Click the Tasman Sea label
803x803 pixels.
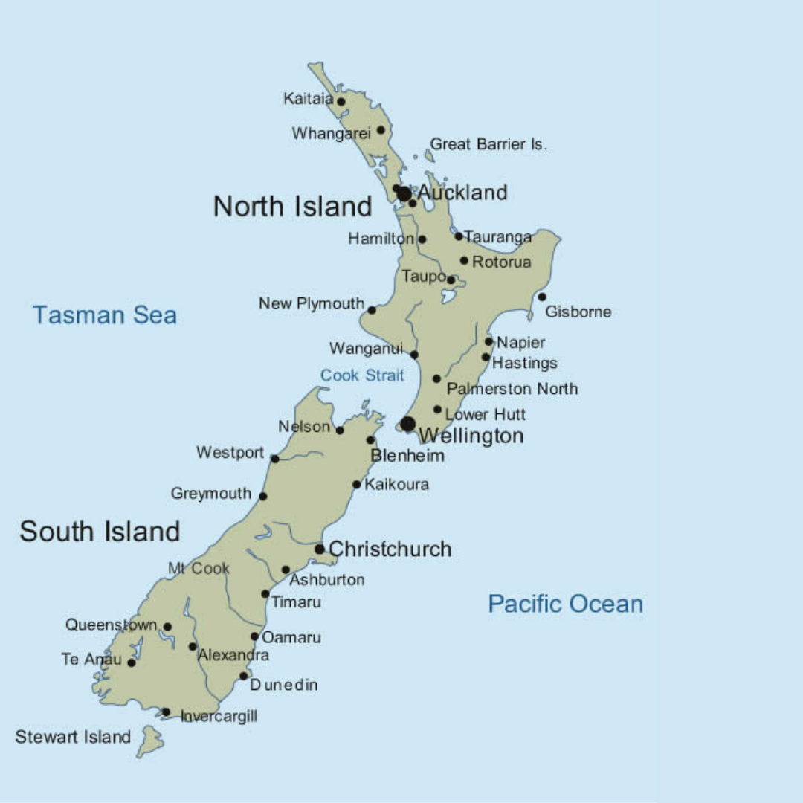[x=105, y=315]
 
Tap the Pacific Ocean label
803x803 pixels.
[x=565, y=604]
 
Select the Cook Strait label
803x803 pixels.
[x=362, y=375]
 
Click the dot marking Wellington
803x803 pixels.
[x=407, y=424]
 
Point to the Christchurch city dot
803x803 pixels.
[x=320, y=549]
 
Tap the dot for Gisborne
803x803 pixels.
[x=542, y=297]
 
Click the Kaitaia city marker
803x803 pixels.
[x=341, y=102]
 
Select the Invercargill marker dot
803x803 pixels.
[x=166, y=712]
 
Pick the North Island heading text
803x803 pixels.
[x=292, y=206]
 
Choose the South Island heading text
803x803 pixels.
[x=100, y=532]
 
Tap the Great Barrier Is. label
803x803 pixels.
[x=488, y=144]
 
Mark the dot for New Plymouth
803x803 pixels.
[x=372, y=310]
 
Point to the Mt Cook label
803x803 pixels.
[x=199, y=569]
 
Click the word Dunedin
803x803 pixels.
[x=283, y=685]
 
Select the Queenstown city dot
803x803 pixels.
[x=167, y=627]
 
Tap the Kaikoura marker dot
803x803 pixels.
[x=357, y=485]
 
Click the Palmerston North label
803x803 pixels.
[x=512, y=389]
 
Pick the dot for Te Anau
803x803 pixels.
[x=132, y=662]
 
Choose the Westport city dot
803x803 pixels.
[x=274, y=459]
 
